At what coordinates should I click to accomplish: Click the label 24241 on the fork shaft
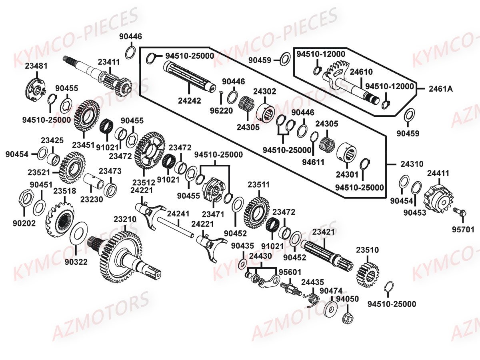(178, 214)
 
